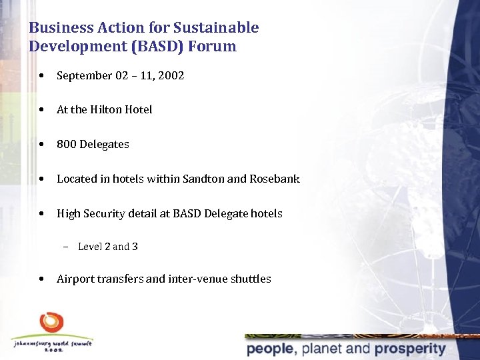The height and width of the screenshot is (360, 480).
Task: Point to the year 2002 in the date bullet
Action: [x=171, y=75]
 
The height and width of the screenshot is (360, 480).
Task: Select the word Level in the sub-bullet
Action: [x=90, y=247]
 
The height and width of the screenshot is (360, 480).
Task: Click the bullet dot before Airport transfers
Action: [x=42, y=279]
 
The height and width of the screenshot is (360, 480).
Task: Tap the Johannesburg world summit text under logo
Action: [x=52, y=344]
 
